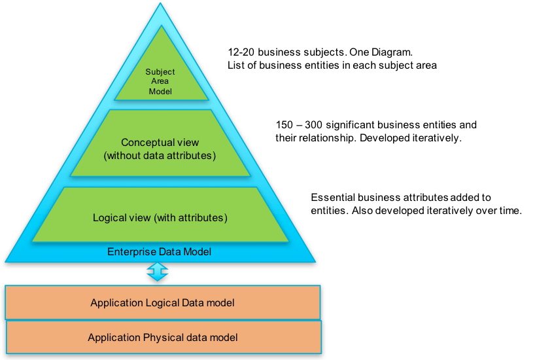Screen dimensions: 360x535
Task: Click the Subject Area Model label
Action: [159, 81]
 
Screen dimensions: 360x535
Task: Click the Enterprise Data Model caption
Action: [159, 251]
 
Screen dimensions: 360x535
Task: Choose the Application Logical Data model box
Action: [162, 302]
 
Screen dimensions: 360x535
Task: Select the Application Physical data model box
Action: [162, 338]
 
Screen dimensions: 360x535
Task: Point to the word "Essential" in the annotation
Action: [333, 197]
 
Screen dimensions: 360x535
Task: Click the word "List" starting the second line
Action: [235, 65]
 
